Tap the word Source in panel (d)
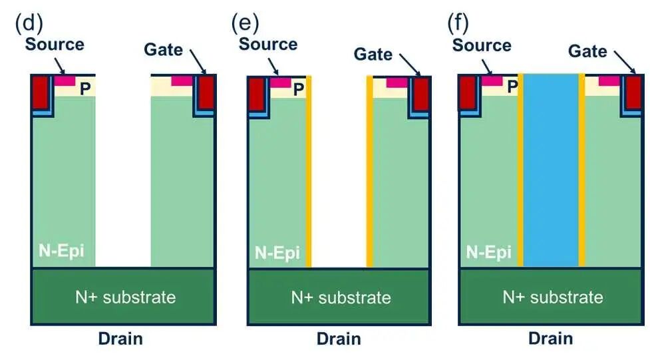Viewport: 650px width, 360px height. (x=55, y=44)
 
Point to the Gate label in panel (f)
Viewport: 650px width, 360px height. (x=587, y=51)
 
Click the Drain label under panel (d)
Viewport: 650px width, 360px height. (x=120, y=338)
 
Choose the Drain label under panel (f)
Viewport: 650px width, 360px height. (x=551, y=338)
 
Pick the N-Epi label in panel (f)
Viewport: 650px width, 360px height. (x=489, y=252)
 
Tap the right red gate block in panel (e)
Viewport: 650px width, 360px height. (x=420, y=94)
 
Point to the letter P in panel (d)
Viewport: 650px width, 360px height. (x=86, y=89)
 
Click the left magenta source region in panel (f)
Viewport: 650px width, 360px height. (x=492, y=81)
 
